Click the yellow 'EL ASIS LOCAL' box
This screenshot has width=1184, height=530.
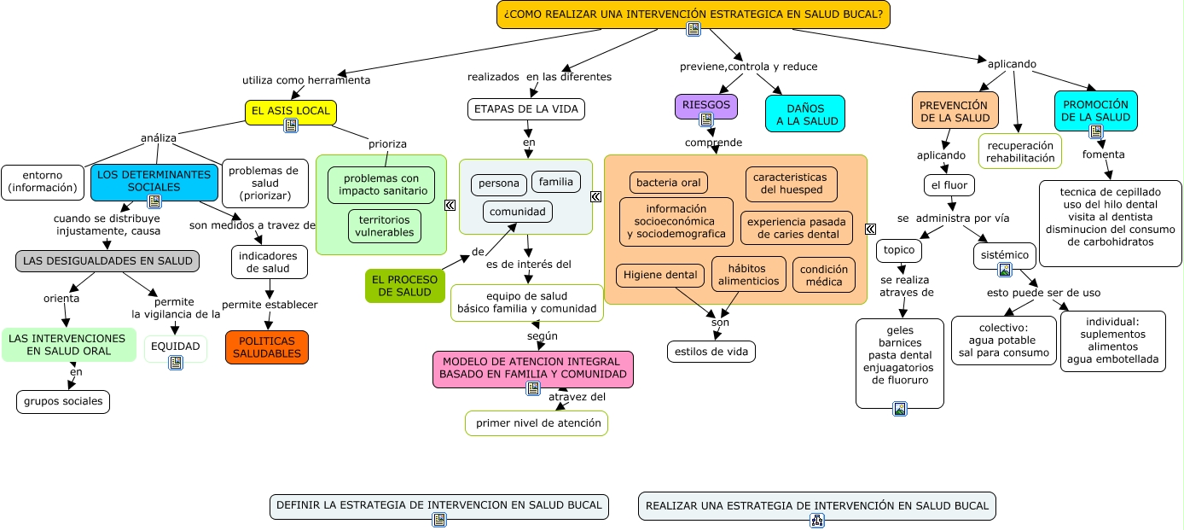(x=291, y=112)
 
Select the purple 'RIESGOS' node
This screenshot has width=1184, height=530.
(x=705, y=104)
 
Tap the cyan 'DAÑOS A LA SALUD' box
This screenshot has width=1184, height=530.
(x=804, y=114)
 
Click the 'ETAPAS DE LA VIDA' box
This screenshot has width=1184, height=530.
(x=526, y=108)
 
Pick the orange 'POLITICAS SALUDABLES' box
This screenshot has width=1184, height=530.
(x=267, y=347)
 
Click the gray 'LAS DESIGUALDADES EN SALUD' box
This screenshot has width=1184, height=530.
(x=107, y=260)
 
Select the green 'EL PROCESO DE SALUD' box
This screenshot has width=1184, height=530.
(x=404, y=285)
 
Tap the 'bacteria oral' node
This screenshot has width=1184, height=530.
(x=668, y=183)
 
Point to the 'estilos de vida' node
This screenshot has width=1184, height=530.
(x=711, y=351)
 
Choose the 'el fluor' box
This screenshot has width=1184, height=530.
(x=949, y=184)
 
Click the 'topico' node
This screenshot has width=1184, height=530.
(x=899, y=250)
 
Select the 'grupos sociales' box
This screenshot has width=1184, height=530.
(x=63, y=401)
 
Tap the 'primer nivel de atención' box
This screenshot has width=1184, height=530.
(x=537, y=422)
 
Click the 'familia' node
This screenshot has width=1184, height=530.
(x=556, y=182)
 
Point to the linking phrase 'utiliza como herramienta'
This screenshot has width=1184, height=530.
(x=306, y=80)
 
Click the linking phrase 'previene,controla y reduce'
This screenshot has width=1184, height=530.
(x=748, y=67)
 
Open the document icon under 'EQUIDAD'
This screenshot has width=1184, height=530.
(x=176, y=362)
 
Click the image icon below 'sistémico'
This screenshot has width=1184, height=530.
(x=1005, y=270)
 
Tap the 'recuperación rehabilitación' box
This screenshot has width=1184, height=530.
(x=1020, y=151)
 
